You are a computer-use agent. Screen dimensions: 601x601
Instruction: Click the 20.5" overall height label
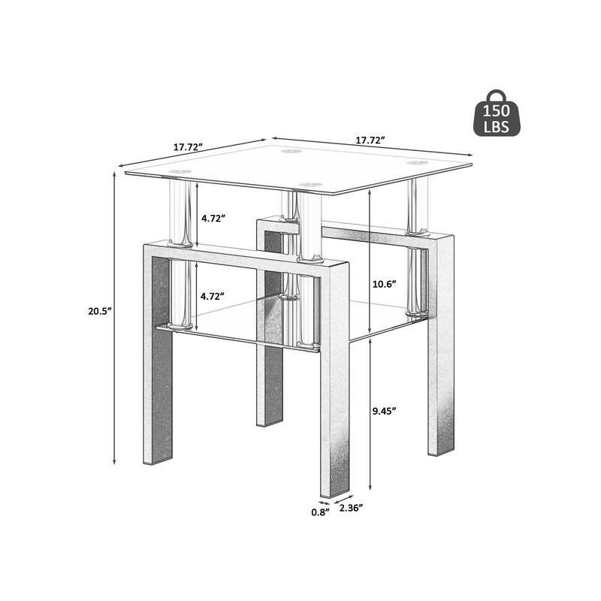pyautogui.click(x=98, y=310)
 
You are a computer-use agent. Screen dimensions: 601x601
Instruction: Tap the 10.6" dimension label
pyautogui.click(x=384, y=285)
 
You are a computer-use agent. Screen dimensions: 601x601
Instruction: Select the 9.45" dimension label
pyautogui.click(x=384, y=410)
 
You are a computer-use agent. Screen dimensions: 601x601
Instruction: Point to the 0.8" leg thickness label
pyautogui.click(x=320, y=513)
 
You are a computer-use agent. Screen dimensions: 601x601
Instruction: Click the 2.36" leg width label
pyautogui.click(x=352, y=509)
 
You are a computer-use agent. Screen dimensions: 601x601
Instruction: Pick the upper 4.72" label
pyautogui.click(x=213, y=218)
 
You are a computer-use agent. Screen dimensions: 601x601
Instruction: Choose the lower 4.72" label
pyautogui.click(x=213, y=296)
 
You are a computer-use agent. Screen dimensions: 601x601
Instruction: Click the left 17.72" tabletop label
pyautogui.click(x=189, y=147)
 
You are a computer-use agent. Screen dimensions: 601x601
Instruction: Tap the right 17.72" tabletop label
pyautogui.click(x=370, y=140)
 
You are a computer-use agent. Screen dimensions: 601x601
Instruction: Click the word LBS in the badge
pyautogui.click(x=497, y=128)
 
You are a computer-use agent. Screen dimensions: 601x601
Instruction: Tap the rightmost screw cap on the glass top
pyautogui.click(x=415, y=162)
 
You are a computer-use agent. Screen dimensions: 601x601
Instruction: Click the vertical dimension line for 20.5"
pyautogui.click(x=114, y=376)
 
